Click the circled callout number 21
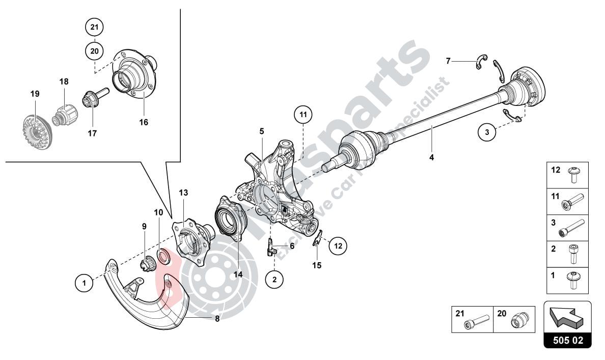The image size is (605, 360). [94, 26]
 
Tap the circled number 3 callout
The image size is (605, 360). [487, 132]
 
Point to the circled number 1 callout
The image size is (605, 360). [84, 282]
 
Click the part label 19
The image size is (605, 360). [35, 94]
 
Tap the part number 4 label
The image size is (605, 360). [431, 157]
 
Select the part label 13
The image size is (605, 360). [183, 192]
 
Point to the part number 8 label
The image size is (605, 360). [217, 320]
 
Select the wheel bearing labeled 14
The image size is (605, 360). [232, 219]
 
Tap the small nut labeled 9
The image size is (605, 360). [147, 264]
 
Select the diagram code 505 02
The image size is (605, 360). [568, 341]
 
